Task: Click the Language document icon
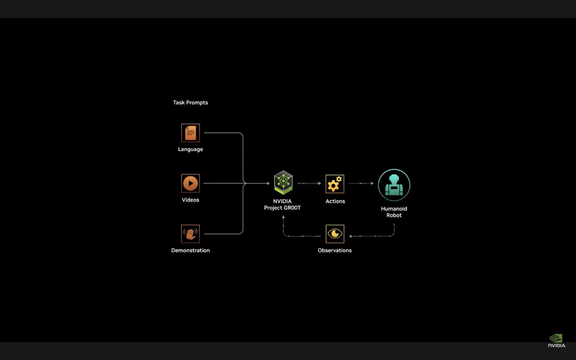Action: coord(190,133)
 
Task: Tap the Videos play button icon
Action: coord(190,183)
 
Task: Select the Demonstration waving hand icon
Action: coord(190,234)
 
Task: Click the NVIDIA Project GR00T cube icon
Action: coord(283,182)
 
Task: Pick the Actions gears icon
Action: coord(335,184)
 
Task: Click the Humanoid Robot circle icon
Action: coord(394,185)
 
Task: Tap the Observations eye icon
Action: coord(335,234)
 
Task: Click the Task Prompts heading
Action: coord(190,103)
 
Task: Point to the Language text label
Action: coord(190,149)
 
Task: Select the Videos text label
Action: coord(190,200)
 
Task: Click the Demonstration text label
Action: coord(190,250)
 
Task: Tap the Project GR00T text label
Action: coord(282,208)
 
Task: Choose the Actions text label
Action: coord(335,201)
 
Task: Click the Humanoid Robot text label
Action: coord(394,212)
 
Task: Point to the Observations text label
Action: coord(335,250)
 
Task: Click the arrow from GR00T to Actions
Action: coord(309,183)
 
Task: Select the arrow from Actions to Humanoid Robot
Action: coord(361,183)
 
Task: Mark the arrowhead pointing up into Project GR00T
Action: coord(283,218)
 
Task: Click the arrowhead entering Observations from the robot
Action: coord(351,236)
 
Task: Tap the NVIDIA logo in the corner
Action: coord(557,341)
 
